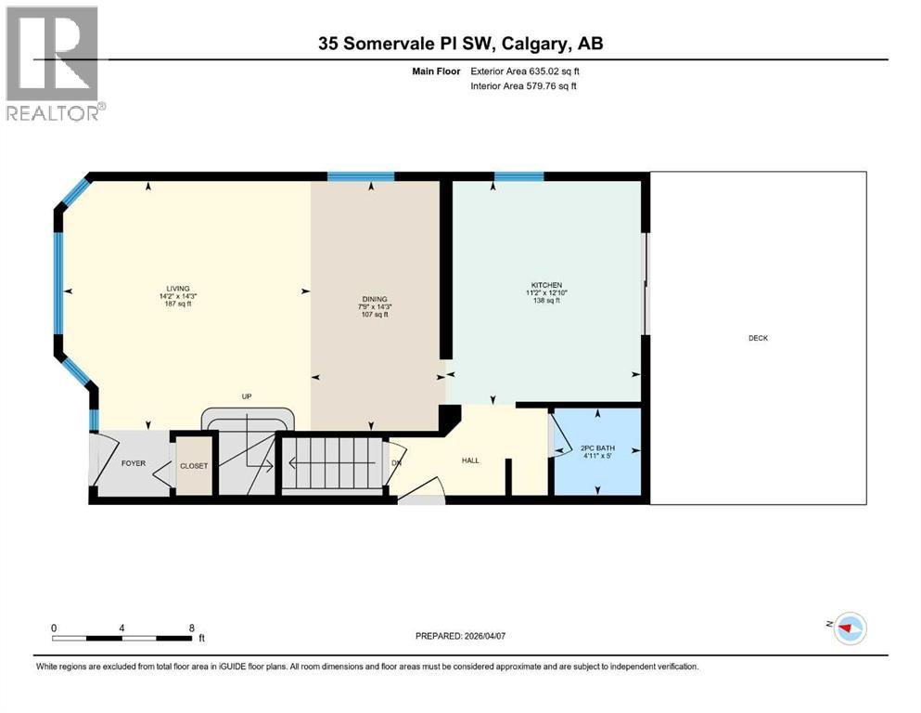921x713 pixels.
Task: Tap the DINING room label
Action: point(374,299)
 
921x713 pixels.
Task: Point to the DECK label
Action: point(758,338)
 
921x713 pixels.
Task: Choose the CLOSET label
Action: point(194,466)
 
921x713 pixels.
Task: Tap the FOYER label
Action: point(134,462)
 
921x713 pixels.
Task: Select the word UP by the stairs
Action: point(247,396)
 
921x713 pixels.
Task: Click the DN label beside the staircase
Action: point(396,461)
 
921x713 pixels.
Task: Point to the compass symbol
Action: point(849,629)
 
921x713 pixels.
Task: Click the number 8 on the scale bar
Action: point(191,627)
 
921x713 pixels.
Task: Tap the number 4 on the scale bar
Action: point(122,627)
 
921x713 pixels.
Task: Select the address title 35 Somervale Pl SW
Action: point(460,44)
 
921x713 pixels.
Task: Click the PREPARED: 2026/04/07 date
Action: point(460,636)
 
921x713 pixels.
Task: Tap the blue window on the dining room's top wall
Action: point(361,175)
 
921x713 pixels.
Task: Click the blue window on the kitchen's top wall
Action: point(518,175)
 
